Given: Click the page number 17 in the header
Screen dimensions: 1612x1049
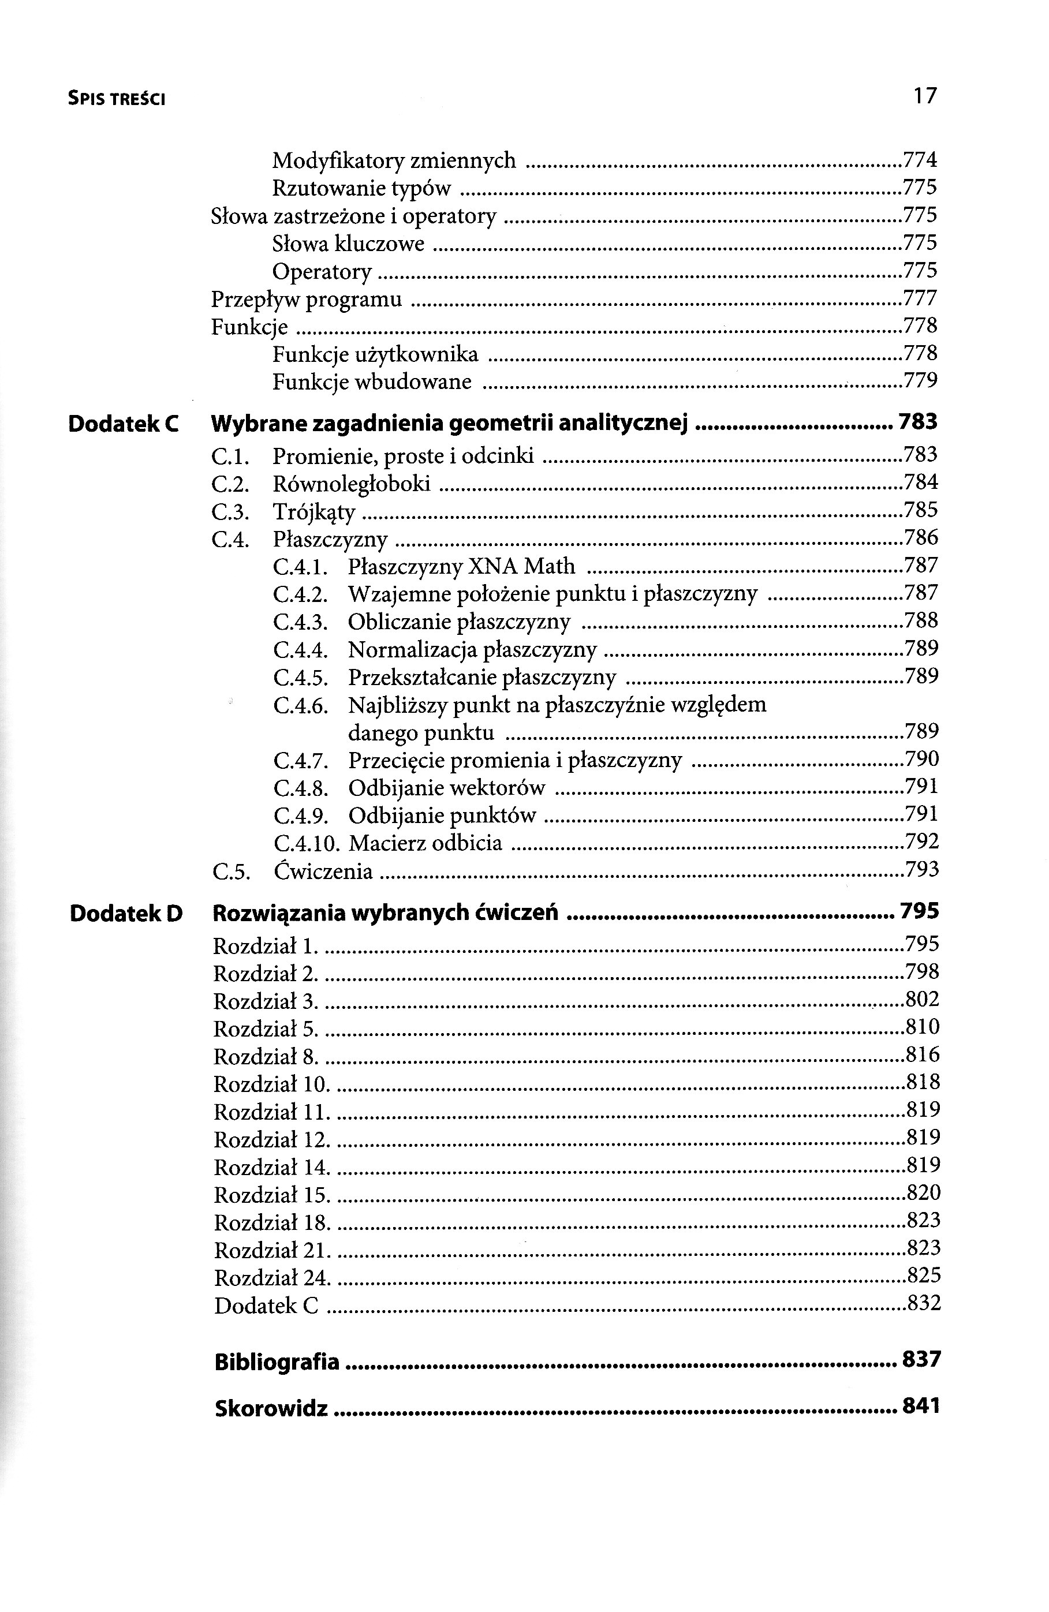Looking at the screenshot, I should coord(924,96).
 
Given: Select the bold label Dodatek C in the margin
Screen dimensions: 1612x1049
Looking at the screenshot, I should coord(124,424).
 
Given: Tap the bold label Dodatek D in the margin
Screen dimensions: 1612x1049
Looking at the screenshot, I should coord(126,914).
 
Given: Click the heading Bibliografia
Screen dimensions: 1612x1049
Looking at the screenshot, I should coord(277,1362).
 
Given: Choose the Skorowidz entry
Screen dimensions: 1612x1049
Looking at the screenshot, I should coord(271,1409).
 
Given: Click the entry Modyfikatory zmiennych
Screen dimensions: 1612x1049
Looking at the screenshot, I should coord(394,160).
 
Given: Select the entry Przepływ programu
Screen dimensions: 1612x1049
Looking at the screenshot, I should coord(307,299).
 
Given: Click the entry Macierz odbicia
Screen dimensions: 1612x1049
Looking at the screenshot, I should coord(425,843).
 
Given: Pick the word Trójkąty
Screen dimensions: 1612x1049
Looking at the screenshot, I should coord(313,512).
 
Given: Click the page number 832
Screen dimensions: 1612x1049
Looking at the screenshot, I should coord(923,1303).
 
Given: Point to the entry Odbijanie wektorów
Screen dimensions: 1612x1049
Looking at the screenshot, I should coord(447,788).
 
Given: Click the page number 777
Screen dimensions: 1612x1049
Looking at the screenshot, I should coord(920,297).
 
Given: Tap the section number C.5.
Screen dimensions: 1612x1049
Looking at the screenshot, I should coord(231,871).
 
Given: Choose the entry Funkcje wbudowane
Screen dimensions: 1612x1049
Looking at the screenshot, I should coord(372,382).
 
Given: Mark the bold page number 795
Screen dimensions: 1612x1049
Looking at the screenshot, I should coord(920,912).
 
